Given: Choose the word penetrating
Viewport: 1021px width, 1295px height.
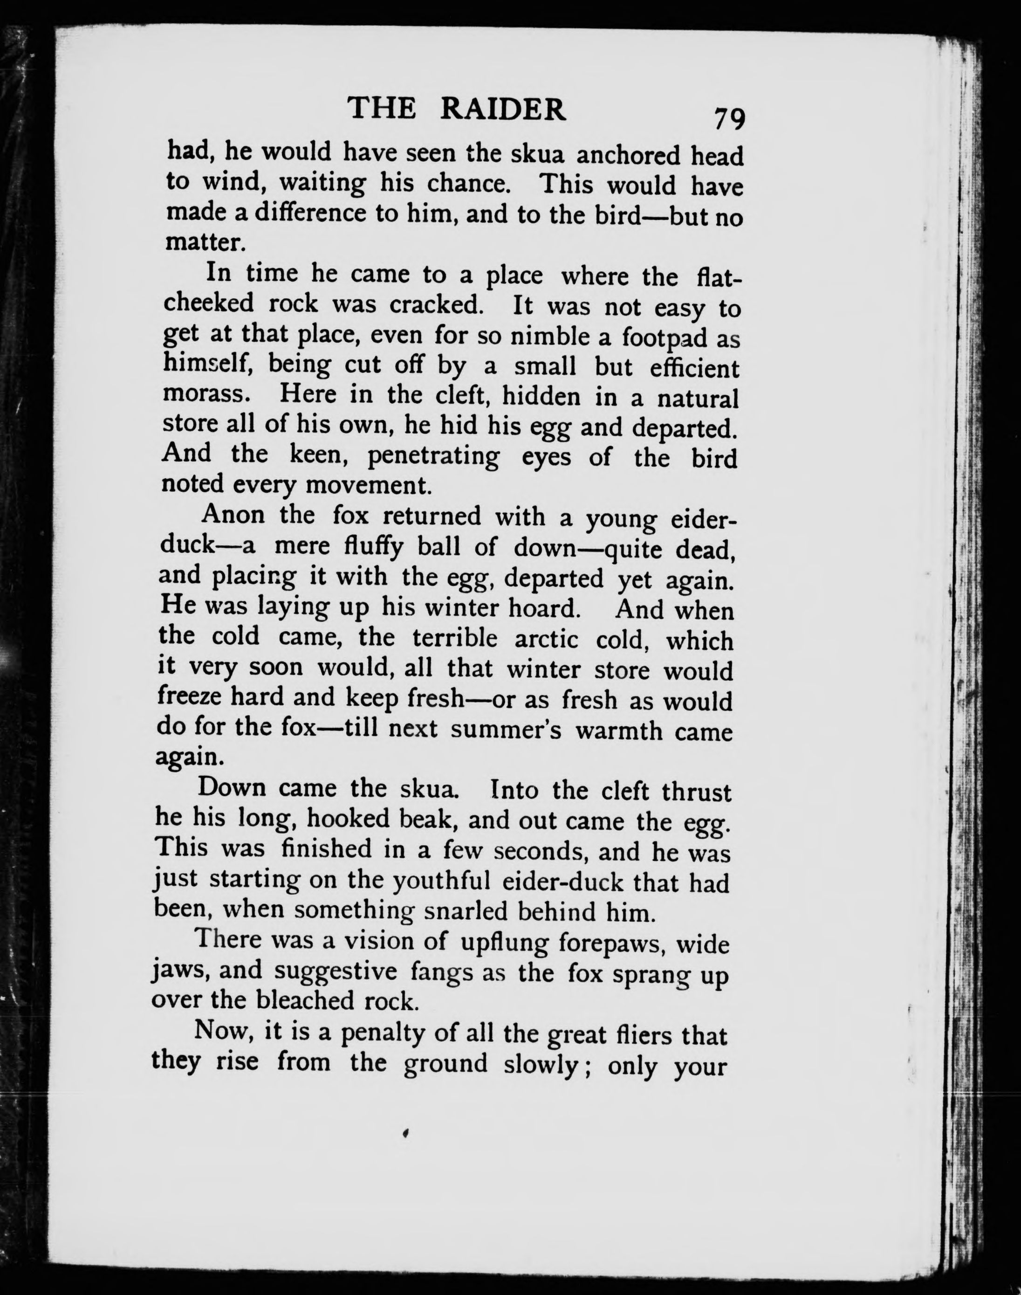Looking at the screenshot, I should tap(433, 457).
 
